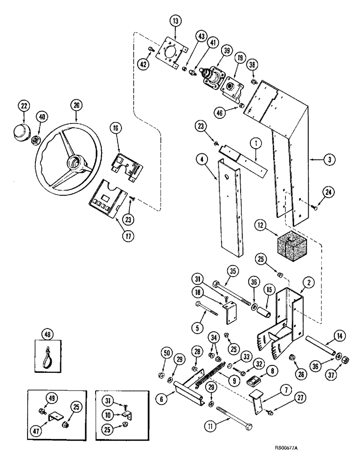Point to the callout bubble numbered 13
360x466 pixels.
(x=176, y=21)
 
